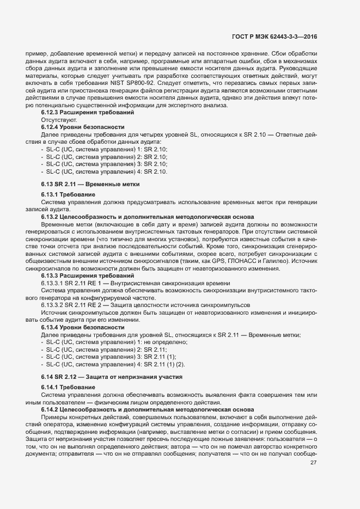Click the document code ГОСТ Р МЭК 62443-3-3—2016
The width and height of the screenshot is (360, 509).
pos(274,36)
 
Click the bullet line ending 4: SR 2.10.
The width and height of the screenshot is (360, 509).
pos(103,171)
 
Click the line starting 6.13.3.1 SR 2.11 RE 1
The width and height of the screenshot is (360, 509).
pos(135,283)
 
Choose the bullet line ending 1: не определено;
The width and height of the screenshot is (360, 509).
pos(114,341)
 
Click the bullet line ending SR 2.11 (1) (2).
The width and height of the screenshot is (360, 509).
pos(115,364)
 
